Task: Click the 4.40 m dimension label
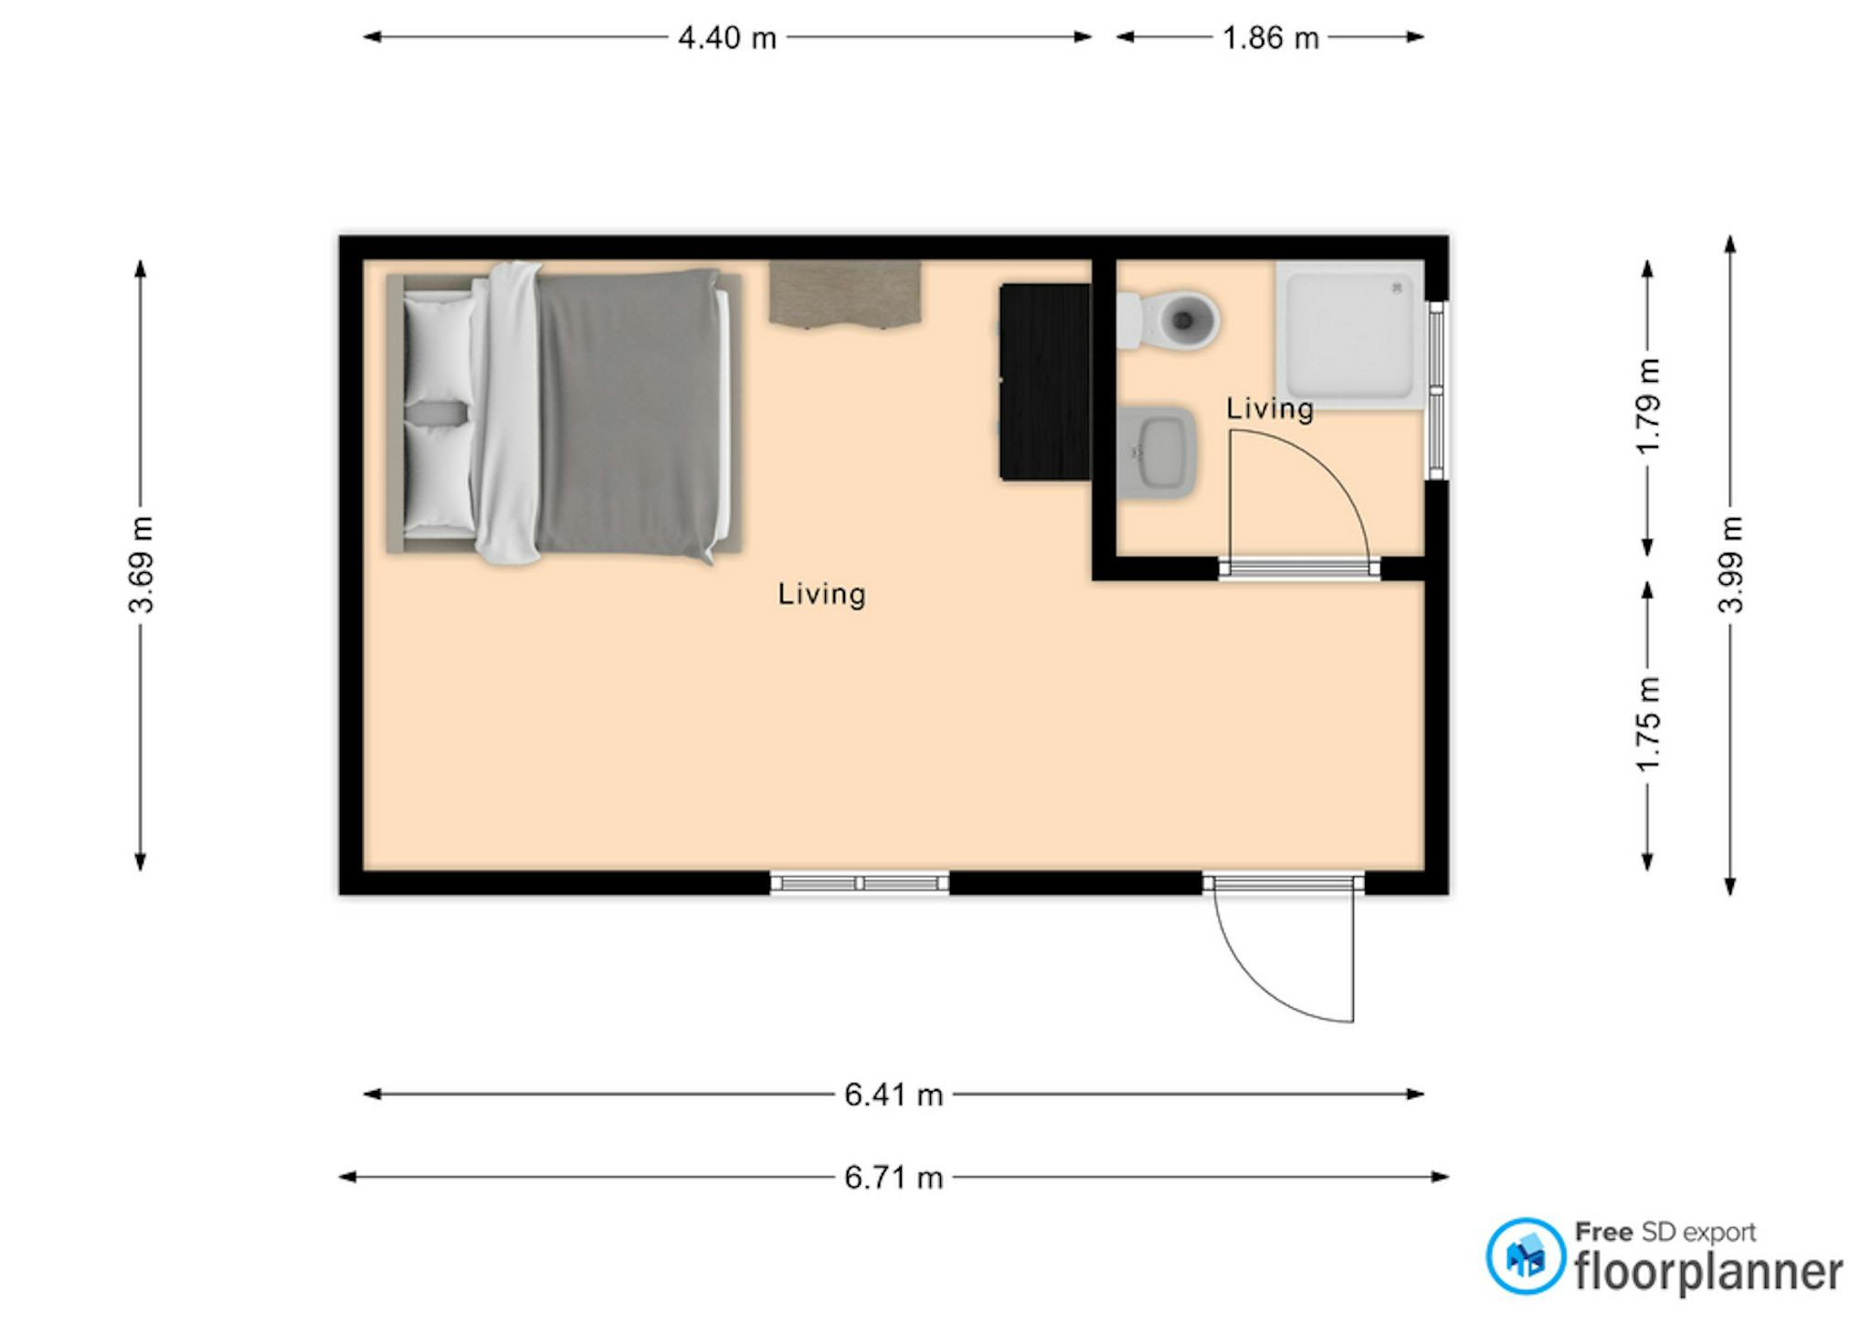click(x=727, y=37)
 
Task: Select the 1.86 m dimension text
click(x=1271, y=37)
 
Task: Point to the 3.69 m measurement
click(x=142, y=565)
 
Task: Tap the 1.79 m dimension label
click(x=1648, y=407)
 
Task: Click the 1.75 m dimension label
click(x=1648, y=724)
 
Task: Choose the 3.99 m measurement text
click(x=1730, y=565)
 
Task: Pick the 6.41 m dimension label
click(x=893, y=1095)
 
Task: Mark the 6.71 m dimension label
click(x=893, y=1178)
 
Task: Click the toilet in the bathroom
click(x=1168, y=321)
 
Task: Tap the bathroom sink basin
click(x=1157, y=453)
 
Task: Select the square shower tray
click(x=1350, y=335)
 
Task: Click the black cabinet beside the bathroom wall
click(x=1045, y=382)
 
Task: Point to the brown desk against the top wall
click(x=844, y=293)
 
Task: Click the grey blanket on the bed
click(x=629, y=413)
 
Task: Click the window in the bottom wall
click(x=860, y=883)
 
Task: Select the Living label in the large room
click(x=821, y=595)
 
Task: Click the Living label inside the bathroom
click(x=1270, y=408)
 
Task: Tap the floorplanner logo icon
click(x=1526, y=1256)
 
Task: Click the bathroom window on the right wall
click(x=1436, y=390)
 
